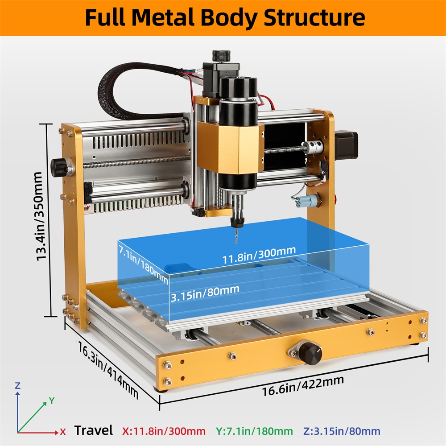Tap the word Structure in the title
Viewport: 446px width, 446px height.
pos(314,17)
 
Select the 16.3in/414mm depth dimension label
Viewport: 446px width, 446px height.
pos(108,370)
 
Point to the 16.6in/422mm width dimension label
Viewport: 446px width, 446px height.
pos(303,386)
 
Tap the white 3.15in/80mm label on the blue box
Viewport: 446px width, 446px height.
pos(205,293)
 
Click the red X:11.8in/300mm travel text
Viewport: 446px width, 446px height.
pos(164,431)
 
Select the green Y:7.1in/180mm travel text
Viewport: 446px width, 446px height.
pos(254,431)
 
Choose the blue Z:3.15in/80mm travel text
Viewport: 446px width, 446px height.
pos(342,431)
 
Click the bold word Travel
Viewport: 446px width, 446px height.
pos(94,430)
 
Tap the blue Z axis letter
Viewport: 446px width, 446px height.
pos(18,386)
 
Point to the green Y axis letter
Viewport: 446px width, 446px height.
pos(51,401)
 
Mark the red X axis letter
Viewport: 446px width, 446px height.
pos(63,432)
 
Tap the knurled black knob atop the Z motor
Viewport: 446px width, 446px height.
pos(221,56)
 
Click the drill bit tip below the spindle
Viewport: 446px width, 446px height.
pos(236,243)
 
